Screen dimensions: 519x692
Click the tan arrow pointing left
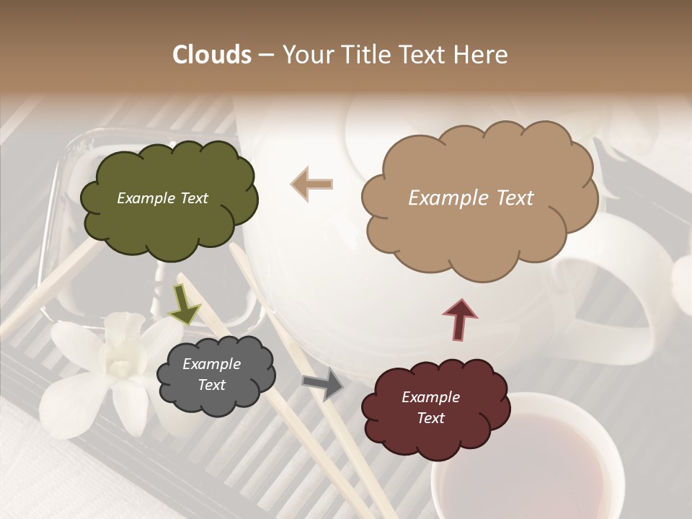pos(312,184)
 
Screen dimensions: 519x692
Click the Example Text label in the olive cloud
pos(162,198)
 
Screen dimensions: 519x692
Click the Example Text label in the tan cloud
pos(471,198)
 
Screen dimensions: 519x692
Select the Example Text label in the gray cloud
pos(211,375)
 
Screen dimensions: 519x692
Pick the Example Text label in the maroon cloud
pos(430,408)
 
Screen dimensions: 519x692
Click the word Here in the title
pos(482,55)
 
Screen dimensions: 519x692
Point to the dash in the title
pos(265,55)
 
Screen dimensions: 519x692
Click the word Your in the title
pos(306,55)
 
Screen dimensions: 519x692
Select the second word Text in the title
pos(423,55)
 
